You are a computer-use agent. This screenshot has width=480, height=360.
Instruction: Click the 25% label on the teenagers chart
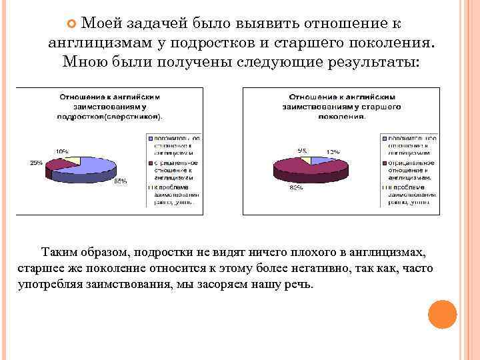(x=36, y=163)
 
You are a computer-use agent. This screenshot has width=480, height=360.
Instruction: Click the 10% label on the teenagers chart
(x=61, y=151)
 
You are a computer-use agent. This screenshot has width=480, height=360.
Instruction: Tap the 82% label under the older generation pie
(x=296, y=188)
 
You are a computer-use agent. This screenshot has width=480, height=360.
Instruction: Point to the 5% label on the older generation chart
(x=303, y=151)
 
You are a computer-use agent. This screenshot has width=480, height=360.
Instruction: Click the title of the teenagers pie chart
(x=111, y=106)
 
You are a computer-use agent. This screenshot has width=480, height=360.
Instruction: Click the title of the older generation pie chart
(x=342, y=106)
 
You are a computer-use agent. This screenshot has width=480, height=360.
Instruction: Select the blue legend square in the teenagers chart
(x=149, y=139)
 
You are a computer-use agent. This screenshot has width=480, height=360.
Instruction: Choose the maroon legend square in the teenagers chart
(x=149, y=161)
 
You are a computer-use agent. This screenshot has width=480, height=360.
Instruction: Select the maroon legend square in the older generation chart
(x=383, y=161)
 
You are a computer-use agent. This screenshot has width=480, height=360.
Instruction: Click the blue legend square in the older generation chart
(x=383, y=139)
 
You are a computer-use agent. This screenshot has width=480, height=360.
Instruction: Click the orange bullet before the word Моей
(x=73, y=24)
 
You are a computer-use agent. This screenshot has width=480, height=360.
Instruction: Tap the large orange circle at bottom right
(x=441, y=314)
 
